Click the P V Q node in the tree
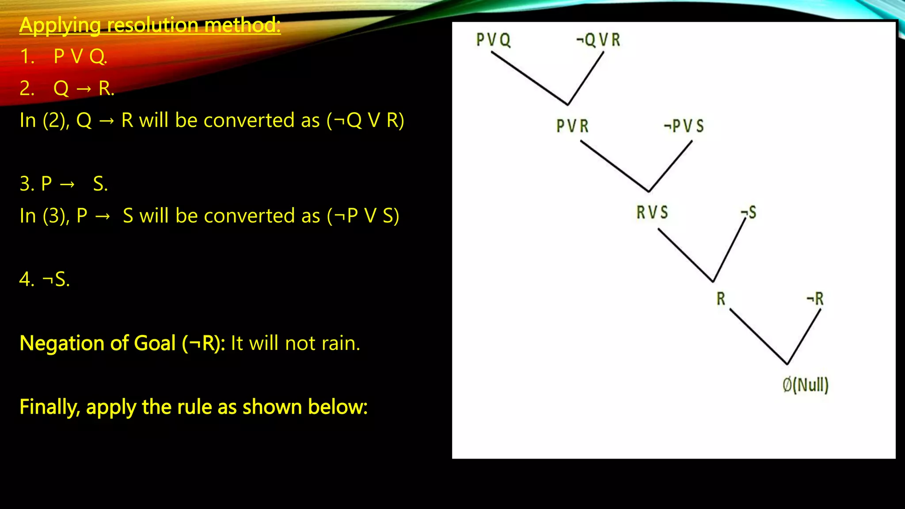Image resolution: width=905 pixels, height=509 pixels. click(x=493, y=40)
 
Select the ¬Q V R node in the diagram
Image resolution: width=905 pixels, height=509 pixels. click(x=598, y=40)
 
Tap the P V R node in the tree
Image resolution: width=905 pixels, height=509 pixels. click(x=572, y=126)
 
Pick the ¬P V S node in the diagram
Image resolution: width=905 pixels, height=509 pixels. click(x=684, y=126)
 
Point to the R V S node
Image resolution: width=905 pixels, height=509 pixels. click(x=652, y=213)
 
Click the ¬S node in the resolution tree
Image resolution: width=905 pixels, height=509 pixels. click(x=749, y=213)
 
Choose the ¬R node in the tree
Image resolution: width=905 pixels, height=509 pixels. click(x=815, y=299)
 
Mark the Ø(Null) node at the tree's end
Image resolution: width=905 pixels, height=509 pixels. click(x=805, y=385)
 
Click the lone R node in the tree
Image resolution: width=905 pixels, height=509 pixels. click(x=721, y=299)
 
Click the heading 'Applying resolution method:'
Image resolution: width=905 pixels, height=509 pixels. click(x=150, y=25)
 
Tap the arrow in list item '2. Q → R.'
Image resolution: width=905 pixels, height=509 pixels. click(x=84, y=89)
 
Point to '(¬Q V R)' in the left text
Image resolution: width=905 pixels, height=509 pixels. click(x=365, y=120)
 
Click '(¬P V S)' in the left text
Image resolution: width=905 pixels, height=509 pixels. click(x=363, y=216)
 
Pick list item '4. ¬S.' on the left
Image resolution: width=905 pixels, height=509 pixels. click(x=45, y=279)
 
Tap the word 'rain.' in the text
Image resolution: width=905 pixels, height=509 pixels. click(x=341, y=343)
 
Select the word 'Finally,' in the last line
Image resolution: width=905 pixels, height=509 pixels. click(x=49, y=407)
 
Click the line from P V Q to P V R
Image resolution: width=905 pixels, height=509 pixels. click(x=529, y=78)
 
